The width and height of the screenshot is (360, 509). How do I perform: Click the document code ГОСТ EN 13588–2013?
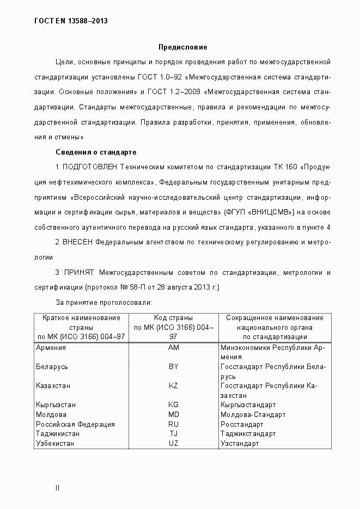pos(71,21)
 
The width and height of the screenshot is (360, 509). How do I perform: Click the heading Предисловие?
pos(182,47)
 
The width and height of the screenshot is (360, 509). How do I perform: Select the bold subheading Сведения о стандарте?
pos(96,151)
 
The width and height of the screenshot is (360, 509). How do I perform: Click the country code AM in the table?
pos(174,347)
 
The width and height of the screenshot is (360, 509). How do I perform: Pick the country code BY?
pos(174,367)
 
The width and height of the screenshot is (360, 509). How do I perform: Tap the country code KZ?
pos(174,386)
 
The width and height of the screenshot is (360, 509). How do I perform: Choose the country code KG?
pos(174,405)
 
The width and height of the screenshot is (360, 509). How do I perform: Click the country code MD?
pos(174,415)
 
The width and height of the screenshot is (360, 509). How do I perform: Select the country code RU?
pos(174,424)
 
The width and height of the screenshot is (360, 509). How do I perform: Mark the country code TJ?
pos(174,434)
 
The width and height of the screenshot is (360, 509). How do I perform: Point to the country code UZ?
pos(174,444)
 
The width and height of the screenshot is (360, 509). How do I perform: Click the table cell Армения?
pos(50,347)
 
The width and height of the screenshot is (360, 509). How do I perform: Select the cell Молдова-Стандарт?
pos(253,415)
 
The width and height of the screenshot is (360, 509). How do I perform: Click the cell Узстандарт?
pos(240,444)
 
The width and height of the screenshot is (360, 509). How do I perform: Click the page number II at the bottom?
pos(57,487)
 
